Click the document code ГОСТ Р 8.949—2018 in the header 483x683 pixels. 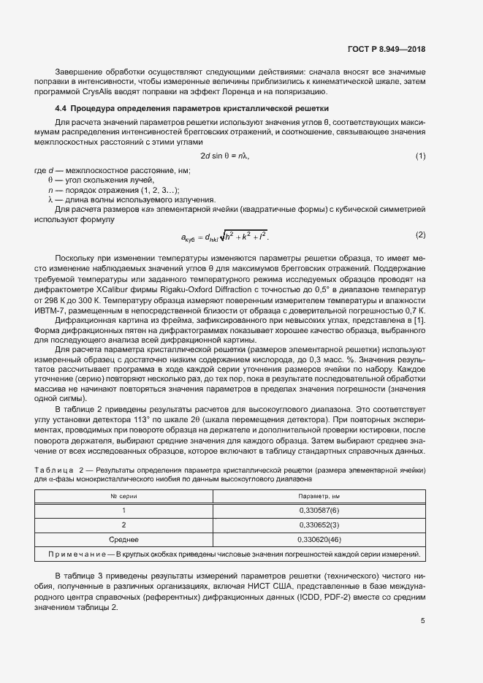[386, 50]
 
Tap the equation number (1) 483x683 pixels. [421, 156]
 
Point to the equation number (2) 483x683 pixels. [421, 235]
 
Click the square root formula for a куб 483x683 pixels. [224, 236]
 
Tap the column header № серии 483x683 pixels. [123, 497]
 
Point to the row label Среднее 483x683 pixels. [123, 540]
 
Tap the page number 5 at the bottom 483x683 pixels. [423, 622]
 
